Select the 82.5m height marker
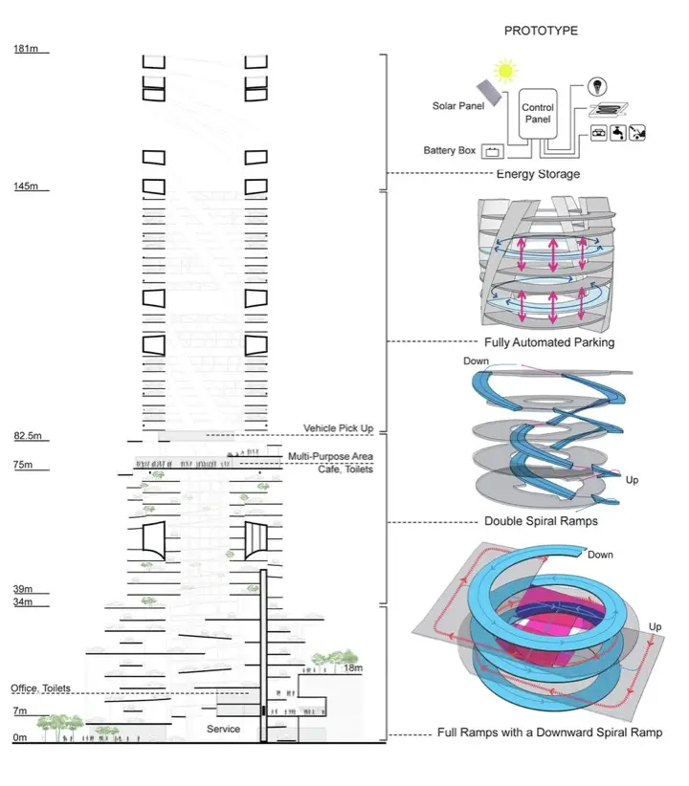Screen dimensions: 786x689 27,436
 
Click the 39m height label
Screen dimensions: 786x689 22,589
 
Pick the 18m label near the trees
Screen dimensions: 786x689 353,668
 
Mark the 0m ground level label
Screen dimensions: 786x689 19,737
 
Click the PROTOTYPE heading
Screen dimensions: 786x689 541,31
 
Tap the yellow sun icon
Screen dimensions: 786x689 505,71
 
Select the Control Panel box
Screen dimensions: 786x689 538,115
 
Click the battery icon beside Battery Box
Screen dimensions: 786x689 493,151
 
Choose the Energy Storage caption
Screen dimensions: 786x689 538,174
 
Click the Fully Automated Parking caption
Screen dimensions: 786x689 548,341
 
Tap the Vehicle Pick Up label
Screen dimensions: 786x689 338,427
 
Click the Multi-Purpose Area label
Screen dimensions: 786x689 330,457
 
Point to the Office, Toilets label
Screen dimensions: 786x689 46,688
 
